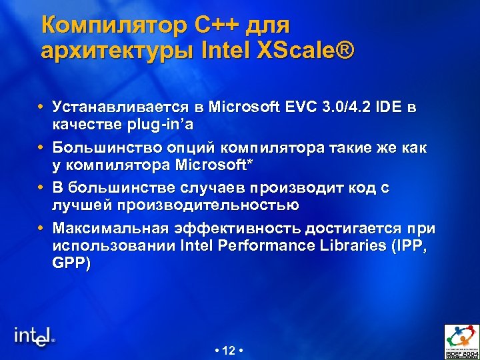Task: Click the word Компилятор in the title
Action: [113, 26]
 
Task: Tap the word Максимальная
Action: [109, 229]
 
